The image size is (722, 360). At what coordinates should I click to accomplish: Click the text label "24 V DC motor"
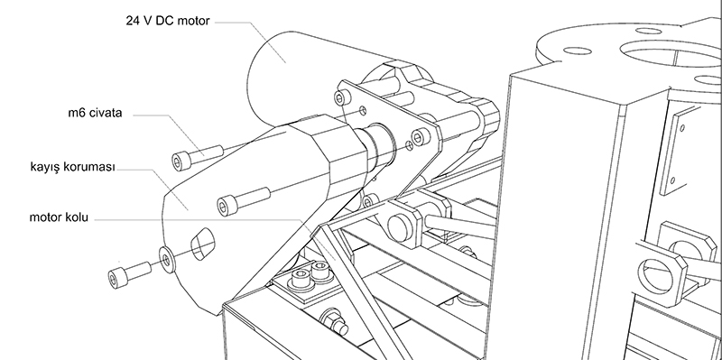(x=168, y=21)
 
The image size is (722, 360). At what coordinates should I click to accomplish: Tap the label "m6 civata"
(x=96, y=113)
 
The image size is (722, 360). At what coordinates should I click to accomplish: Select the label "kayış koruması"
(x=72, y=167)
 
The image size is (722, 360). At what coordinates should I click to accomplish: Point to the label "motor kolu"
(x=59, y=217)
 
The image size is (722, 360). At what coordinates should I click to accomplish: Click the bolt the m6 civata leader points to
(x=197, y=156)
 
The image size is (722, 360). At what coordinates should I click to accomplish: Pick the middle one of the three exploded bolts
(x=243, y=201)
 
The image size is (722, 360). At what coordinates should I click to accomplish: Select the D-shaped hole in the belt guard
(x=202, y=244)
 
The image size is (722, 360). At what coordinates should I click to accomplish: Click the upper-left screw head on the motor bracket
(x=340, y=97)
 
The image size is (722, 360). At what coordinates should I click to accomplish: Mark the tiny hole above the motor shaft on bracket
(x=364, y=110)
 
